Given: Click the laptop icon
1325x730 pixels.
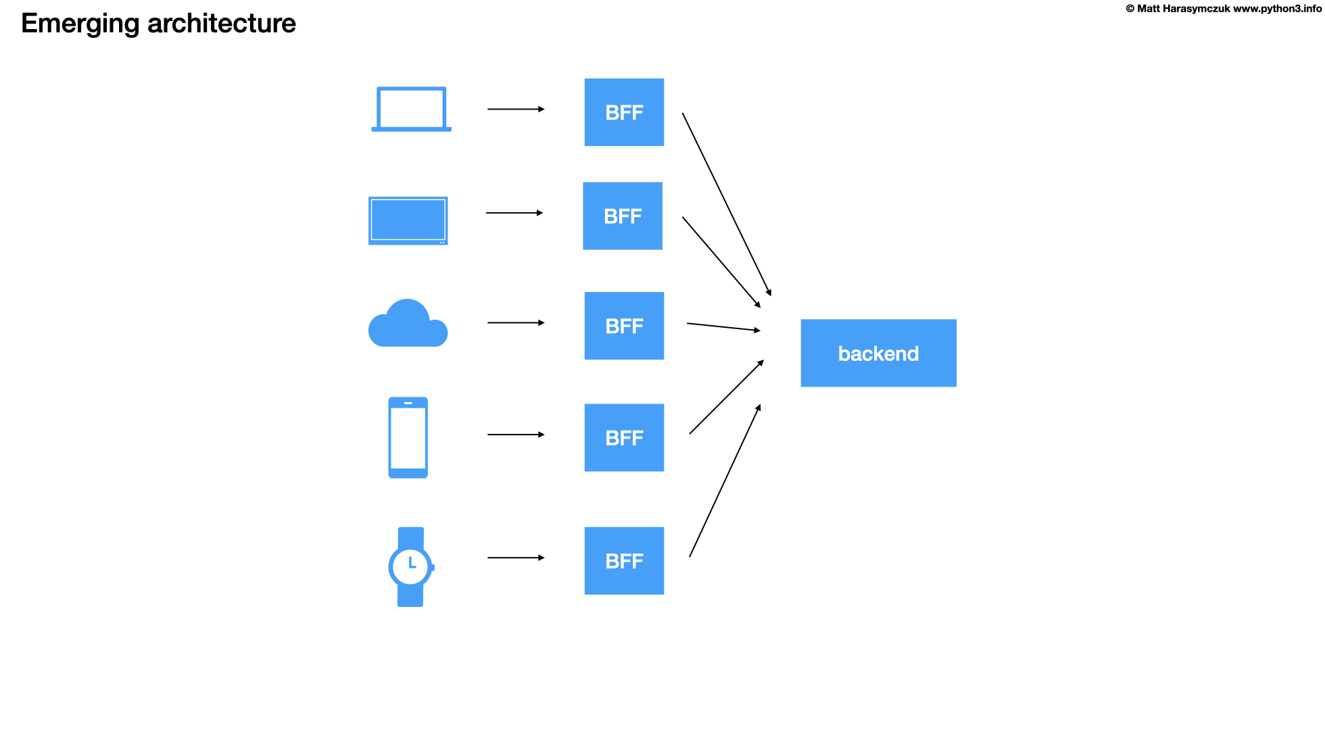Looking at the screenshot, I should coord(411,109).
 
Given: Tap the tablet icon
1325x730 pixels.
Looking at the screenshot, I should coord(408,220).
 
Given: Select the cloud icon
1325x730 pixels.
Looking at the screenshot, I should coord(408,325).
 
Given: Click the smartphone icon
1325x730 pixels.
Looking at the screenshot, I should coord(408,437).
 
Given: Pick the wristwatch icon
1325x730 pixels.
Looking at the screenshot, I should coord(410,566).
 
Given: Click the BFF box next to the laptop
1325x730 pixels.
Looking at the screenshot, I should coord(624,112).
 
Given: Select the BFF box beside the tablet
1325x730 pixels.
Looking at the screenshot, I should coord(623,216).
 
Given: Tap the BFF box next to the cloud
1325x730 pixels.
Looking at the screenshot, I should coord(624,326).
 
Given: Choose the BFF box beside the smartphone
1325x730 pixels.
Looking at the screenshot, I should coord(624,438).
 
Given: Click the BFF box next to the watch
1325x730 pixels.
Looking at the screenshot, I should coord(624,561).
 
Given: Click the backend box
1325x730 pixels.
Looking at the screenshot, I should coord(878,353).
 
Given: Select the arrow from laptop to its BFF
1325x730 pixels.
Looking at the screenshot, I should coord(516,109).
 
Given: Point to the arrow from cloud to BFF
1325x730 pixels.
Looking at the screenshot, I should coord(516,323).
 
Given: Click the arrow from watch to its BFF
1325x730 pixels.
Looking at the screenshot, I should coord(516,558).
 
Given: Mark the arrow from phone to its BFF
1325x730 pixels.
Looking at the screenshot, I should coord(516,435).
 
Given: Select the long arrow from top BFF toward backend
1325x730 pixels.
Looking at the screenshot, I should coord(727,204).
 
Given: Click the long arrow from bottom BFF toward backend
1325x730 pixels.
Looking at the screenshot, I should coord(725,481).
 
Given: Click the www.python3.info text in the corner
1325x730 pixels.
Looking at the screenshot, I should coord(1277,9).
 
